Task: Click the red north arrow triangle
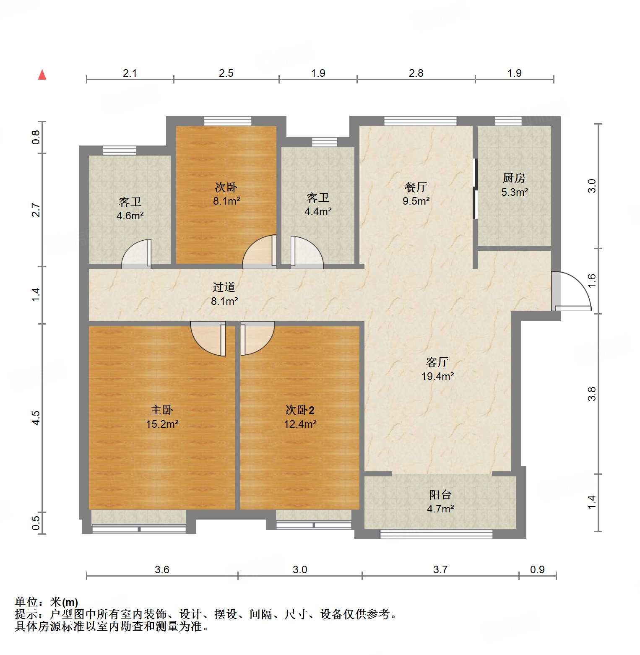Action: [42, 75]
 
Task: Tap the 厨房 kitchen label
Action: [514, 178]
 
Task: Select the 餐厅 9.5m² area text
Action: [416, 201]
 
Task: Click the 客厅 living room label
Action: [437, 362]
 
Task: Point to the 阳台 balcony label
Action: [440, 495]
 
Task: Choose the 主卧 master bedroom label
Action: [162, 410]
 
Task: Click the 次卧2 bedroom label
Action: [300, 410]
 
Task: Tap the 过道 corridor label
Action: [224, 287]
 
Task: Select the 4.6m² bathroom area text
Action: [130, 216]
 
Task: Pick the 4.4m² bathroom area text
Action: [318, 212]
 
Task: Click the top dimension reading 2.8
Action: [416, 73]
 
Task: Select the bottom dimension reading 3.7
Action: [440, 569]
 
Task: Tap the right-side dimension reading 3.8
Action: [592, 394]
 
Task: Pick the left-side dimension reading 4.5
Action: [36, 418]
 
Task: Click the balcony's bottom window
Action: [436, 534]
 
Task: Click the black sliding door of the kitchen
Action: [475, 189]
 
